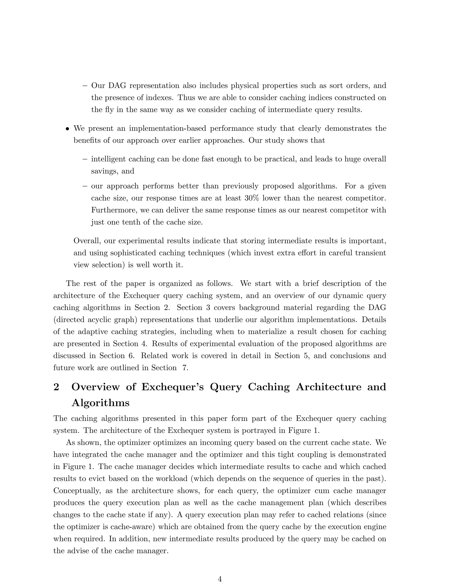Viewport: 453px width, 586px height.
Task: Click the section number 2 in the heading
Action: [x=56, y=387]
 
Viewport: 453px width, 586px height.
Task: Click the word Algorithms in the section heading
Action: [x=100, y=403]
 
